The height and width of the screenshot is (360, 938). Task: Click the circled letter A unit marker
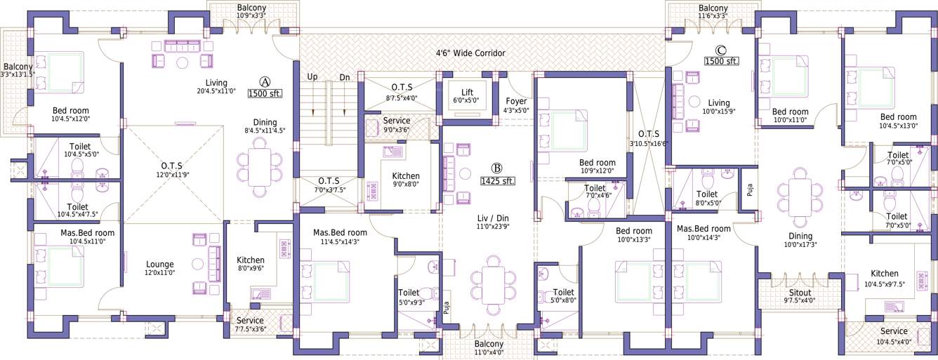(264, 81)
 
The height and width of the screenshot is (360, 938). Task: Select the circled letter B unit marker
(496, 168)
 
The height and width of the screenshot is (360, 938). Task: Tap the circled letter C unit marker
(720, 50)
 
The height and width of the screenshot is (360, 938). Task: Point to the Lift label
(467, 92)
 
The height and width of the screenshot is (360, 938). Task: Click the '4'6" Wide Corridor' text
(470, 53)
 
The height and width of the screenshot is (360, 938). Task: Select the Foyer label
(516, 101)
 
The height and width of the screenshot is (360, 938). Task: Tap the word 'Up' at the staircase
(313, 77)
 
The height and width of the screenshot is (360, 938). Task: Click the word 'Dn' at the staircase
(345, 77)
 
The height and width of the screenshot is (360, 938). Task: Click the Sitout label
(800, 293)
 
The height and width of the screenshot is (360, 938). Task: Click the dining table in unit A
(260, 167)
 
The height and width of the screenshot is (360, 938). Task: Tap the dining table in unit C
(799, 196)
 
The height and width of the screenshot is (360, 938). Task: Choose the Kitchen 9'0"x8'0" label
(406, 176)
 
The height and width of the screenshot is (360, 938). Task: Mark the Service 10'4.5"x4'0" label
(894, 331)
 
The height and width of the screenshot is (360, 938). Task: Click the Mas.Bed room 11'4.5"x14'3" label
(340, 232)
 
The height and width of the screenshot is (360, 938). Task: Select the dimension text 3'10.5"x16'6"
(649, 142)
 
